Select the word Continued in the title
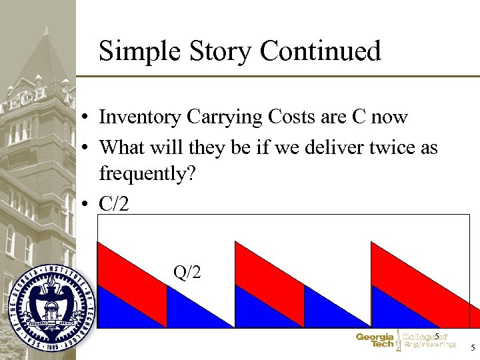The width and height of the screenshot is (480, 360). (x=321, y=51)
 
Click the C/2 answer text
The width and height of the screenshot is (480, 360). (x=115, y=203)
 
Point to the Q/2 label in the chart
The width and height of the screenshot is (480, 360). (x=187, y=272)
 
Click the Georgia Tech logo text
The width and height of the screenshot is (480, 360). (x=374, y=341)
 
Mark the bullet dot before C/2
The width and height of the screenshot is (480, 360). (x=87, y=204)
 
